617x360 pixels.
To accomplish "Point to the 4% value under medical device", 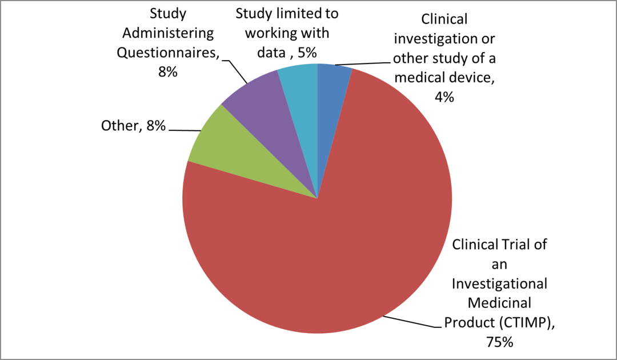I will (x=444, y=97).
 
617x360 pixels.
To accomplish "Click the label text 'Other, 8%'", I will (x=133, y=126).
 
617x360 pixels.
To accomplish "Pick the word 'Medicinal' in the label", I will (x=500, y=303).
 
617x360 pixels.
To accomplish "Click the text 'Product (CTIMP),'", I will (x=500, y=322).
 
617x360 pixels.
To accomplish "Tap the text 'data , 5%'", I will (x=287, y=53).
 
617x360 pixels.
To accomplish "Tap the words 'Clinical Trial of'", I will (x=500, y=245).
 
